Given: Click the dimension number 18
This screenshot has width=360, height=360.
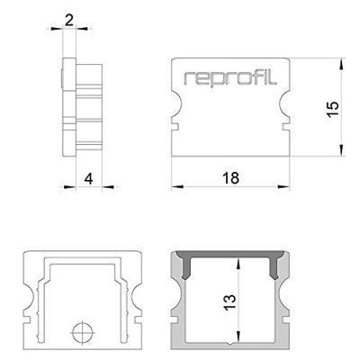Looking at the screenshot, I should (229, 179).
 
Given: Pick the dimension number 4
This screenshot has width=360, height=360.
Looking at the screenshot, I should (87, 179).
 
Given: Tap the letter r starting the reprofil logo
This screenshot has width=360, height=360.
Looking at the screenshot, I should (188, 79).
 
